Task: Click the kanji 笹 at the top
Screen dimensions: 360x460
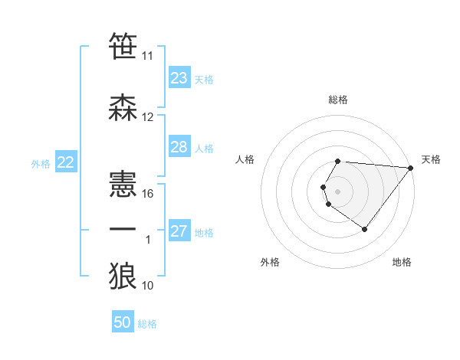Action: click(123, 47)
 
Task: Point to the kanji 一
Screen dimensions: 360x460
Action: click(123, 229)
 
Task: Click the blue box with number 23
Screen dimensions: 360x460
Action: click(179, 78)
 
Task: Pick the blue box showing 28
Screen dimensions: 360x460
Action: click(179, 147)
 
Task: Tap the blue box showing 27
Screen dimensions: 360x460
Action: click(179, 231)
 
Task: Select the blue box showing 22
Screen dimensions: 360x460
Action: click(66, 162)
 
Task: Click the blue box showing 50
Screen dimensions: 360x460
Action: click(123, 322)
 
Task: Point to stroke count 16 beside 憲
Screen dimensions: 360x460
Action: click(149, 194)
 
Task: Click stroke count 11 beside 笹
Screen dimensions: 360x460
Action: click(148, 56)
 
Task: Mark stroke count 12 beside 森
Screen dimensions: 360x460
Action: click(148, 117)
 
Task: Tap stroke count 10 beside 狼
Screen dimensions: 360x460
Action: click(148, 286)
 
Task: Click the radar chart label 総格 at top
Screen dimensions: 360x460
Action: click(338, 100)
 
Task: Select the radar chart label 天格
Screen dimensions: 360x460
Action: click(431, 159)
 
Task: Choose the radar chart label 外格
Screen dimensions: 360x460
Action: click(270, 262)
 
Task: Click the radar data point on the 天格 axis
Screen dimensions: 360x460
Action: click(411, 168)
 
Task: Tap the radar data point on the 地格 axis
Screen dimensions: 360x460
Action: click(365, 229)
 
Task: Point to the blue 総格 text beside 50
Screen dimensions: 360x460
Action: click(148, 324)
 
